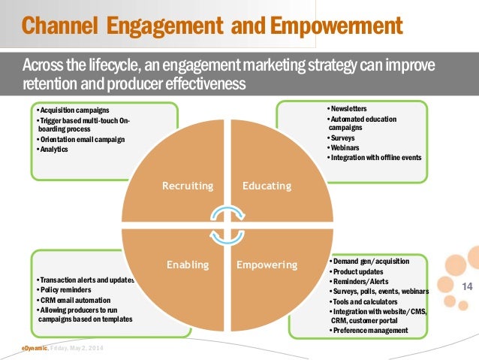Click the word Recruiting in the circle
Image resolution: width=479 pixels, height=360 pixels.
pyautogui.click(x=188, y=186)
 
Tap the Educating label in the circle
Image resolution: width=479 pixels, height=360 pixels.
pyautogui.click(x=267, y=186)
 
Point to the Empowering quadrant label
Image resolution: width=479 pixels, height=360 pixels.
pyautogui.click(x=267, y=265)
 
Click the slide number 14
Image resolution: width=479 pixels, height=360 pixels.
pyautogui.click(x=465, y=286)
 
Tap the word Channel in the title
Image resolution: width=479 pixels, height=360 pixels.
pyautogui.click(x=62, y=28)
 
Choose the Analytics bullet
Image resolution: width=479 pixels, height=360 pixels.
pyautogui.click(x=53, y=149)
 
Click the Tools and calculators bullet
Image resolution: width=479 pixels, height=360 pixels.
pyautogui.click(x=366, y=301)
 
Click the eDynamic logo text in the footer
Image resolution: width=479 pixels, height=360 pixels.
pyautogui.click(x=35, y=349)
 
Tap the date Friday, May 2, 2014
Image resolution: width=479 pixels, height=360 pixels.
pyautogui.click(x=80, y=349)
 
